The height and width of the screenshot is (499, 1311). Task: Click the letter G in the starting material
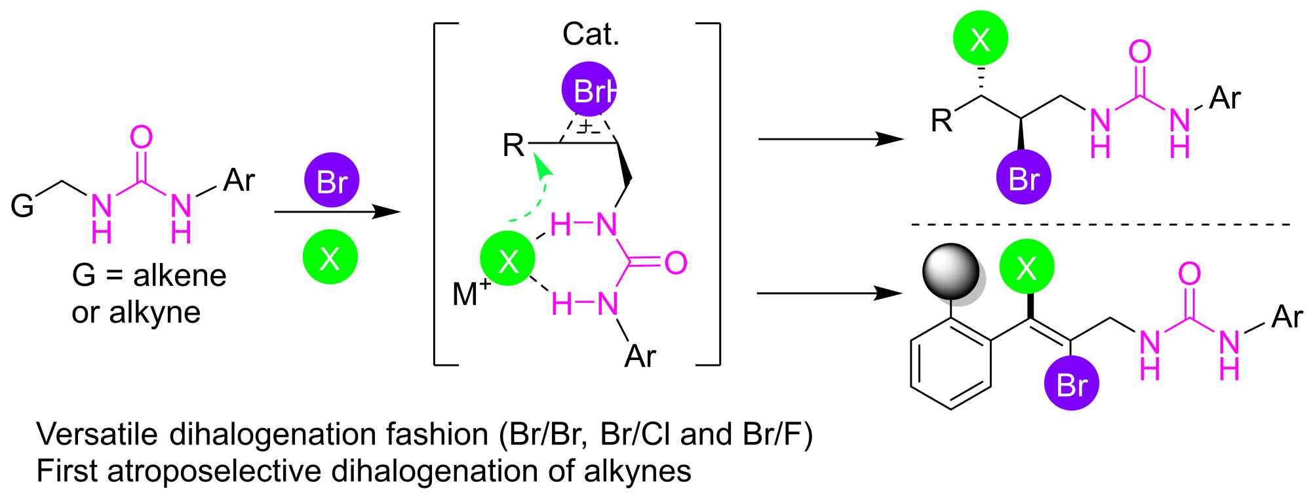coord(22,206)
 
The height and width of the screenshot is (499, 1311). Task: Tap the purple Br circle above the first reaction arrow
coord(332,180)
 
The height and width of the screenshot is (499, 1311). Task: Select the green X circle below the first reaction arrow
coord(330,258)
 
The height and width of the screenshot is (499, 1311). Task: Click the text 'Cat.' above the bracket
coord(591,34)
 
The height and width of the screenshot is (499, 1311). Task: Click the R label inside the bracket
coord(513,145)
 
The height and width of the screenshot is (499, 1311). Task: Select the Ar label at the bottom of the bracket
coord(640,356)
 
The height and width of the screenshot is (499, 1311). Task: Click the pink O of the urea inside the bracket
coord(676,263)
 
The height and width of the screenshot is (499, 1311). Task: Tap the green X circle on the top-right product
coord(981,39)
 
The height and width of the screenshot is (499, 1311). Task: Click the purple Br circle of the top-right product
coord(1023,178)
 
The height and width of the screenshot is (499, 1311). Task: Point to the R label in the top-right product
coord(941,121)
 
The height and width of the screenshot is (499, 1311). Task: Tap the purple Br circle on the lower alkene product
coord(1072,383)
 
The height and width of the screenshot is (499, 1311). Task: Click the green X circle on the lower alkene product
coord(1027,267)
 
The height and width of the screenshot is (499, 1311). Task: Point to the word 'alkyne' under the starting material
coord(155,312)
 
